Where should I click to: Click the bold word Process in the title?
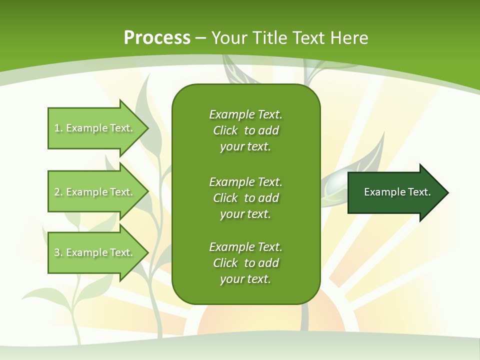click(157, 38)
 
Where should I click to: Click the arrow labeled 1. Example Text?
click(95, 128)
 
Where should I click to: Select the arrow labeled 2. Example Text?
click(95, 192)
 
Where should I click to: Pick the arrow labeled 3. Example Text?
click(95, 252)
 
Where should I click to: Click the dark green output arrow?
click(395, 192)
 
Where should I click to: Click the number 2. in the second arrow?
click(58, 192)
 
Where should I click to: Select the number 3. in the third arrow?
click(58, 252)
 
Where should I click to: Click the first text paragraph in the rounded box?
click(245, 130)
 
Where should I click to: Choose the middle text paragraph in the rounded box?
click(245, 198)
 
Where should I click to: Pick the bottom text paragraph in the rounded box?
click(245, 263)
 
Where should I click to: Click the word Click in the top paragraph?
click(225, 130)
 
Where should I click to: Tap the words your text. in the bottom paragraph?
click(245, 279)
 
